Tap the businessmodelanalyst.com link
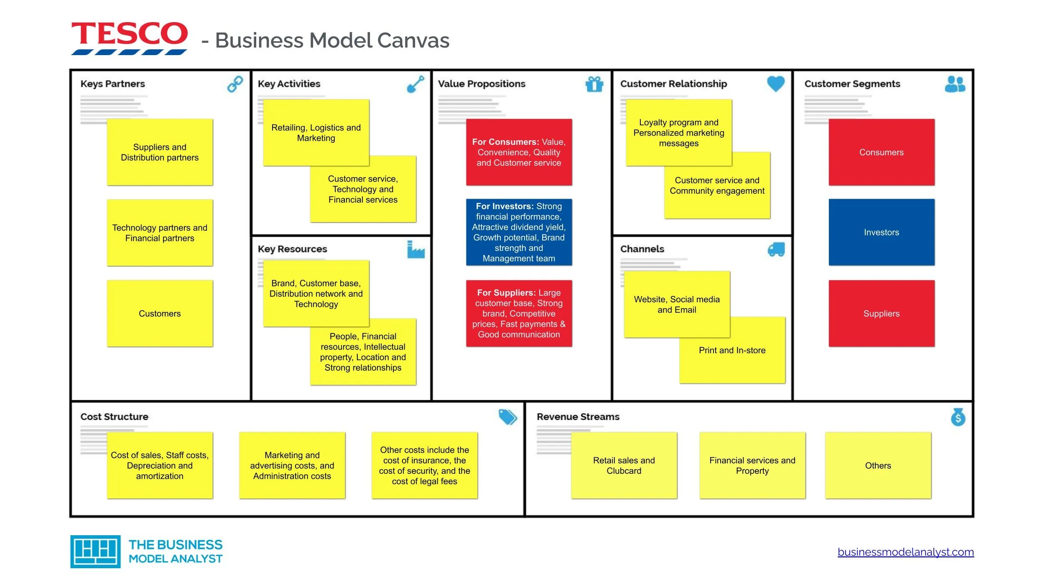point(905,552)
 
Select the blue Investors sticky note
point(881,232)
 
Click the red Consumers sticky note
point(881,152)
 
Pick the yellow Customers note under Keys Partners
point(160,314)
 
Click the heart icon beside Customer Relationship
point(775,83)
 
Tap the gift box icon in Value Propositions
point(594,84)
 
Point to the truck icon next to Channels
point(776,249)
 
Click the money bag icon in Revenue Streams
point(958,417)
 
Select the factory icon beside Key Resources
point(415,250)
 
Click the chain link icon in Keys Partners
point(235,84)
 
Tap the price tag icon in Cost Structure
point(507,417)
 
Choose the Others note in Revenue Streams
point(878,466)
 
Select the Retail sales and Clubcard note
point(624,466)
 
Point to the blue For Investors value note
point(519,232)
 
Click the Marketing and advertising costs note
point(292,466)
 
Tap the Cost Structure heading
point(114,417)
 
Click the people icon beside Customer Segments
point(955,84)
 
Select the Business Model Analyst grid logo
point(95,552)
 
